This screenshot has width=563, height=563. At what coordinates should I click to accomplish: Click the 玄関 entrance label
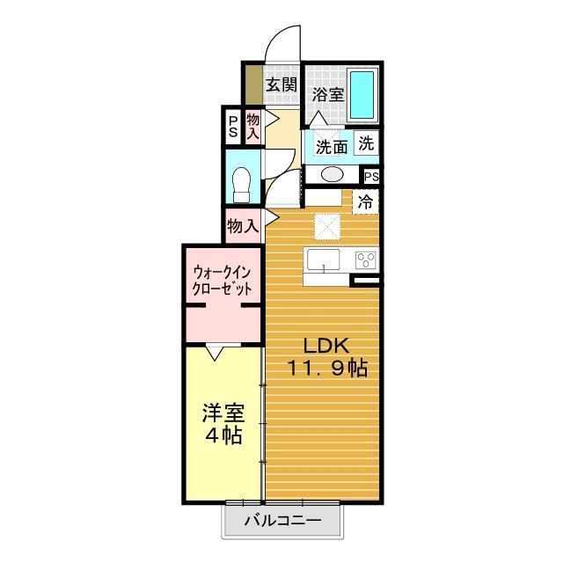point(281,85)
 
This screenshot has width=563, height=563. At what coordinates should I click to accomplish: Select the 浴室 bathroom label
point(327,94)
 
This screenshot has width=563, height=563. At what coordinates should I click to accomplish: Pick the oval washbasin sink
point(332,174)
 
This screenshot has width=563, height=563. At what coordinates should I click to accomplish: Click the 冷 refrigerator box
point(366,201)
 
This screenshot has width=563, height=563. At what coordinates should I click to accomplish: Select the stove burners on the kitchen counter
point(365,260)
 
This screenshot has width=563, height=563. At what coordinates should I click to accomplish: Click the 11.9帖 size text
point(325,369)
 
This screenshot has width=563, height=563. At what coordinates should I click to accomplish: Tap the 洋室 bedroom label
point(223,413)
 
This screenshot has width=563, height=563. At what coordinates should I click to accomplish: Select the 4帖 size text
point(223,435)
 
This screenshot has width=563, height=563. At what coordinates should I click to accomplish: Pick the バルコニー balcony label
point(281,521)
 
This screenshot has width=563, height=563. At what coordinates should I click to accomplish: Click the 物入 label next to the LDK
point(242,226)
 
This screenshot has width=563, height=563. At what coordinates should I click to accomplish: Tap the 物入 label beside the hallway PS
point(253,126)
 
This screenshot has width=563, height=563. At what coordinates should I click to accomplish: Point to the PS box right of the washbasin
point(371,177)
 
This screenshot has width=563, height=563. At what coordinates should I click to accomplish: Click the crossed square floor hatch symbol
point(327,226)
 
